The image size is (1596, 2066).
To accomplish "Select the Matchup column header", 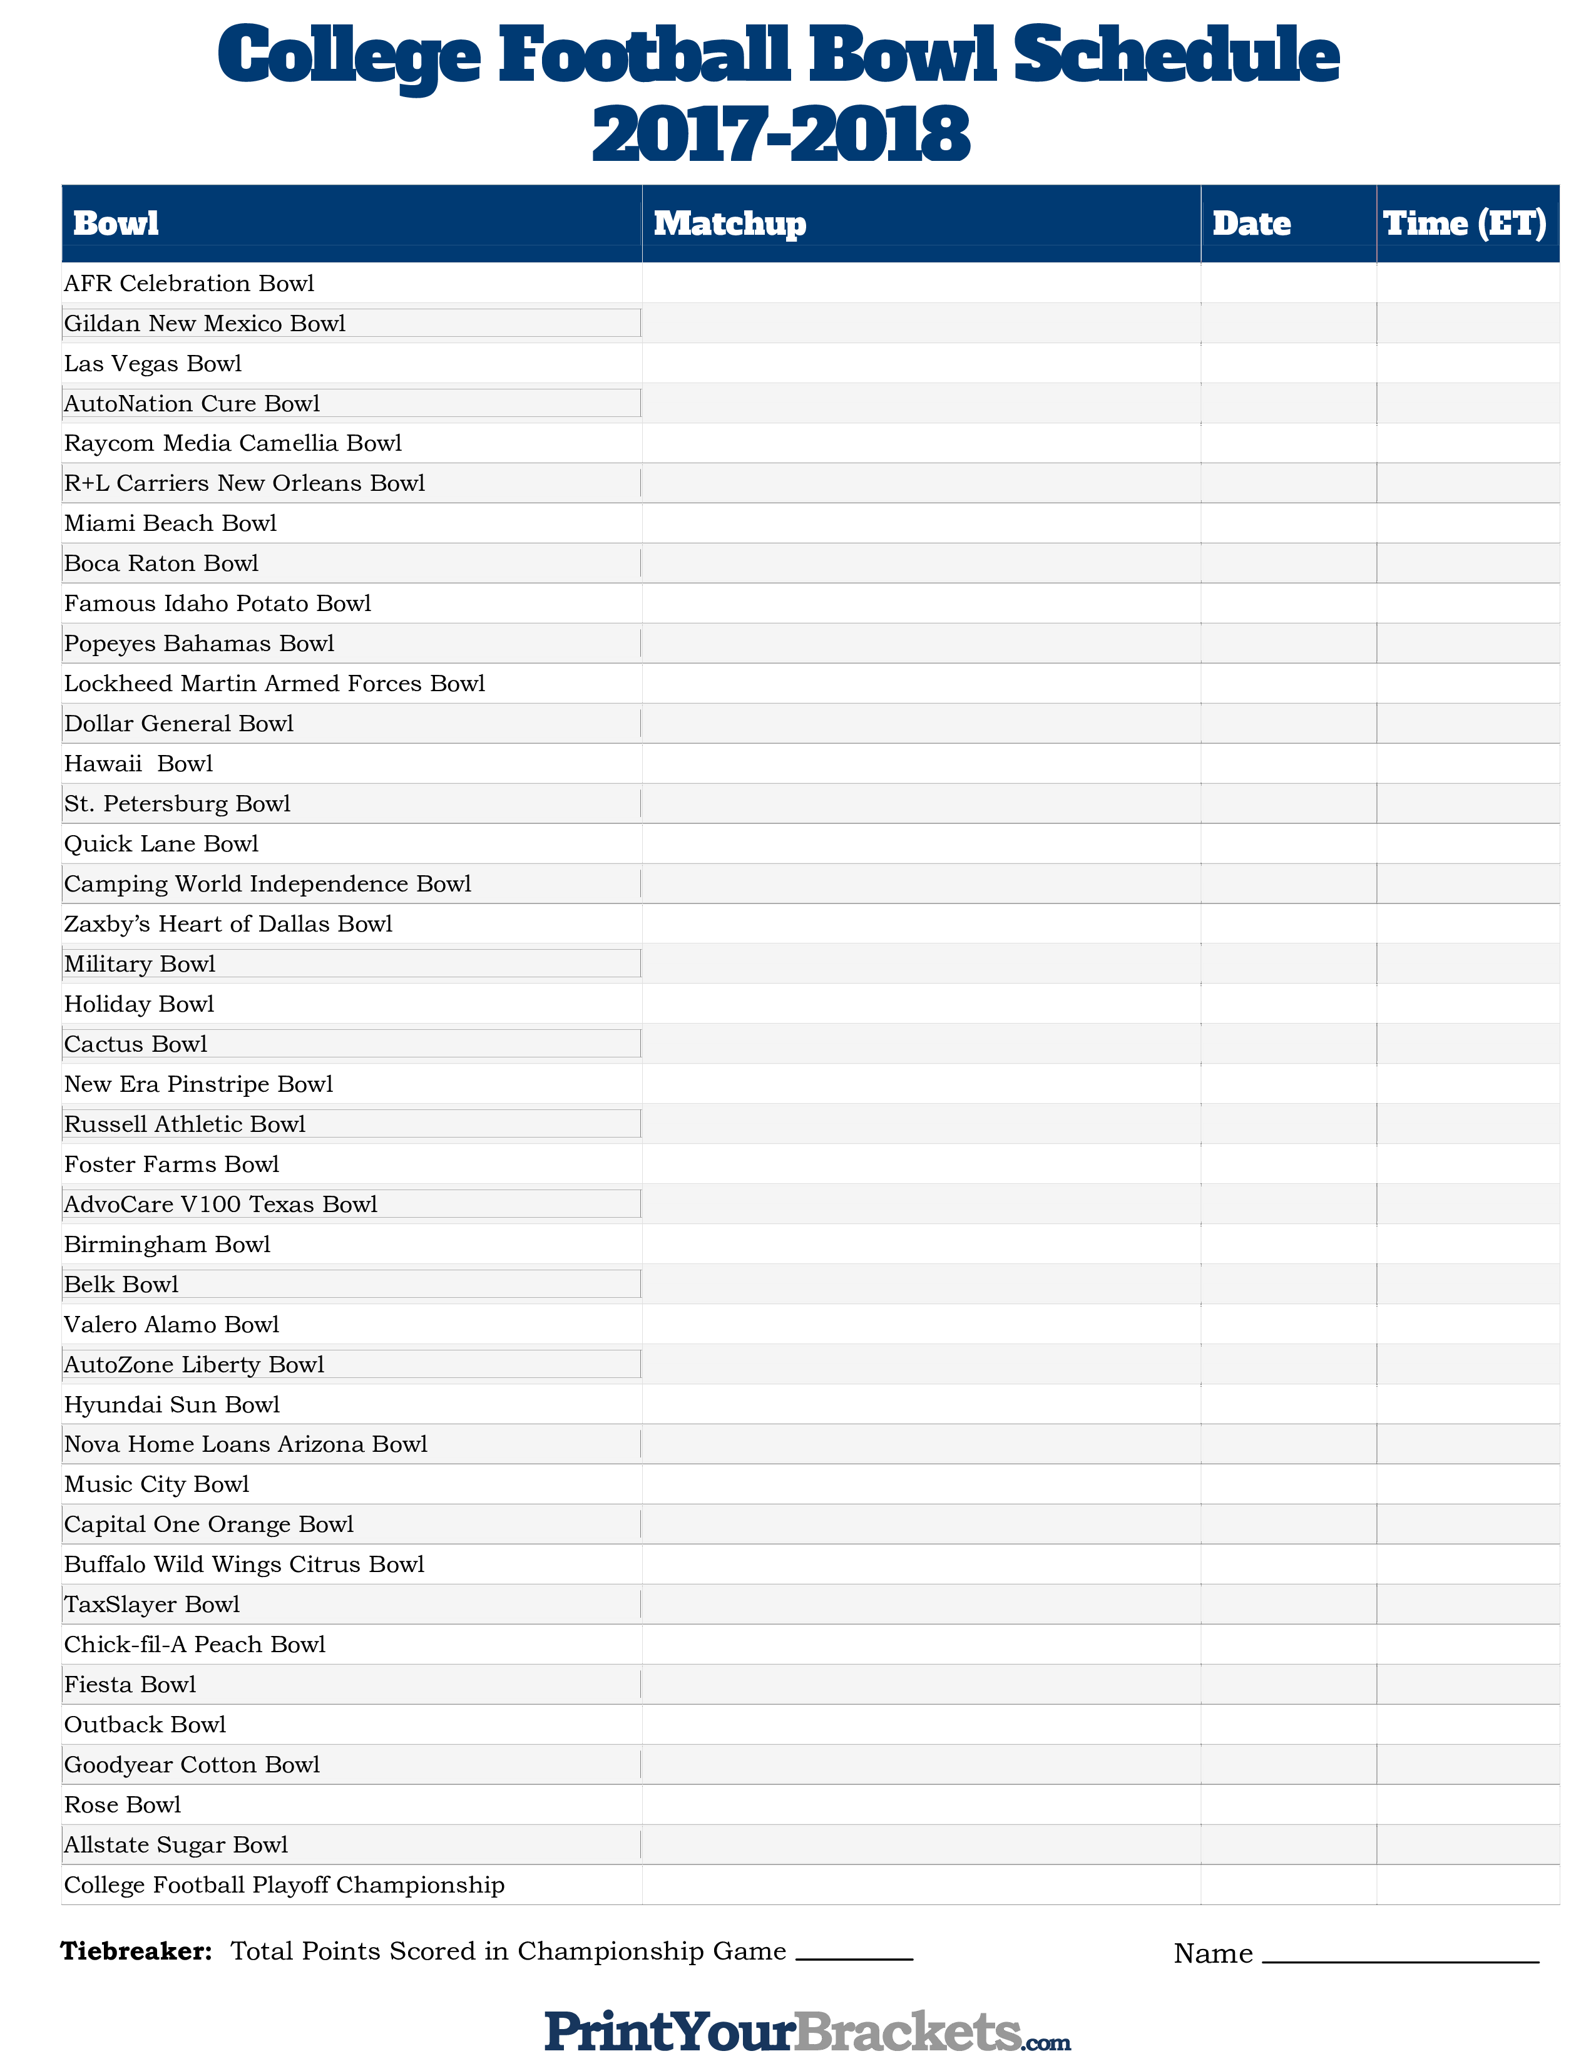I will [729, 224].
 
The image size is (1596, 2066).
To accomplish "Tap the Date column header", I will [1251, 224].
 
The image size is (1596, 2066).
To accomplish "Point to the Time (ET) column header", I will [1465, 224].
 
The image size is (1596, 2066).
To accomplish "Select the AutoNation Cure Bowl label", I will [192, 404].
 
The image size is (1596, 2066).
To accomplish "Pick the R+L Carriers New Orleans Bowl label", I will [244, 483].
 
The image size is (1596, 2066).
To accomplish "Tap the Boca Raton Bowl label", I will [161, 564].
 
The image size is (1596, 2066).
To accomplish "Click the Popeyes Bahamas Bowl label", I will [198, 643].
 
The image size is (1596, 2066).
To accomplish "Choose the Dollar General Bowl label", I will [179, 724].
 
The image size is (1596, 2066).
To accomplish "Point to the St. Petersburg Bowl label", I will [176, 804].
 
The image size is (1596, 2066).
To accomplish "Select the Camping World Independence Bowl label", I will [267, 883].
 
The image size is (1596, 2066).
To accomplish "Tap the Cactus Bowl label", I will [135, 1044].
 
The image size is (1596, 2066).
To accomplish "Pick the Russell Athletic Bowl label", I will [185, 1124].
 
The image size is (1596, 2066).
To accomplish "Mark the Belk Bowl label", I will [121, 1285].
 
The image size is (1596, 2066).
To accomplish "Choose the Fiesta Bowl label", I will [130, 1685].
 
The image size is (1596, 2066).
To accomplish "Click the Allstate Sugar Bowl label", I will [176, 1844].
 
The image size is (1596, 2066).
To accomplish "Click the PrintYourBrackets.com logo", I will [807, 2030].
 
